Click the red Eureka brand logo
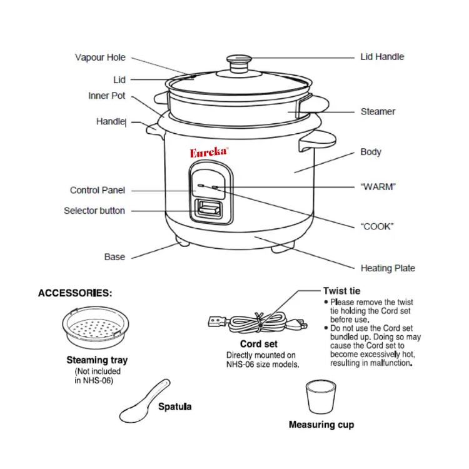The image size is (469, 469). (x=209, y=152)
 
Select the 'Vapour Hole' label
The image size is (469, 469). (x=100, y=58)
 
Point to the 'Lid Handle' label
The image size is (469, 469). (x=382, y=57)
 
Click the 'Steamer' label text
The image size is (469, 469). (x=378, y=112)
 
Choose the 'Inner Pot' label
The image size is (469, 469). (x=106, y=96)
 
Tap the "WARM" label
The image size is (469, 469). (x=378, y=187)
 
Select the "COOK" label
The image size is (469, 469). (x=378, y=226)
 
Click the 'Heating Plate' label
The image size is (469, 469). (x=387, y=268)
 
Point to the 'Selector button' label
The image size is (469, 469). (x=94, y=211)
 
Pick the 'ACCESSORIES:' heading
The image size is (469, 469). (x=76, y=293)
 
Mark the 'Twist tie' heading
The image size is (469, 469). (x=341, y=291)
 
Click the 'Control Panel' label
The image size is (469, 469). (x=97, y=190)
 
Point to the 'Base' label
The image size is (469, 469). (x=114, y=257)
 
